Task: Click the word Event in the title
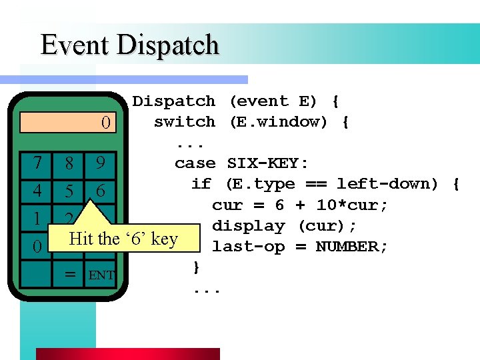coord(75,45)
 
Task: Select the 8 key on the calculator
coord(69,163)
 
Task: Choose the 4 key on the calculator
coord(37,191)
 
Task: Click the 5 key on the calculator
coord(69,191)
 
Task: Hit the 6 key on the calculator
coord(100,191)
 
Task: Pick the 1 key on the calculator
coord(37,219)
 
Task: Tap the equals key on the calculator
coord(69,274)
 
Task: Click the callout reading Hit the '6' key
coord(124,239)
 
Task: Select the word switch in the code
coord(184,122)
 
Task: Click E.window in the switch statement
coord(278,122)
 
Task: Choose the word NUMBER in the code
coord(351,247)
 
